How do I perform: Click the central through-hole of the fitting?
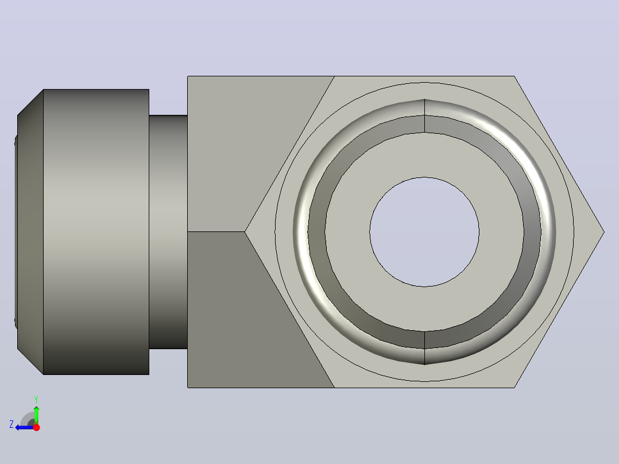point(424,232)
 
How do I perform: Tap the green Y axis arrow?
point(36,414)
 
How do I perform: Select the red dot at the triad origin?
point(36,427)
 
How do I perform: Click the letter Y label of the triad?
point(36,399)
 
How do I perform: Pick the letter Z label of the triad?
point(11,424)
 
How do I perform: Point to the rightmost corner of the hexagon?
point(604,232)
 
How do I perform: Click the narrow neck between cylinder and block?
point(168,232)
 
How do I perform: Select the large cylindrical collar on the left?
point(96,232)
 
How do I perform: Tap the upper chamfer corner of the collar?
point(43,90)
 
